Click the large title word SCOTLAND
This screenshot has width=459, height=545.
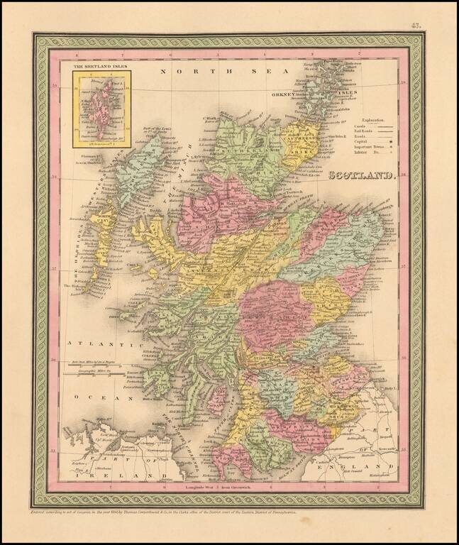click(361, 173)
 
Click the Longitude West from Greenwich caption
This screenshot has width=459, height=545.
click(227, 489)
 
